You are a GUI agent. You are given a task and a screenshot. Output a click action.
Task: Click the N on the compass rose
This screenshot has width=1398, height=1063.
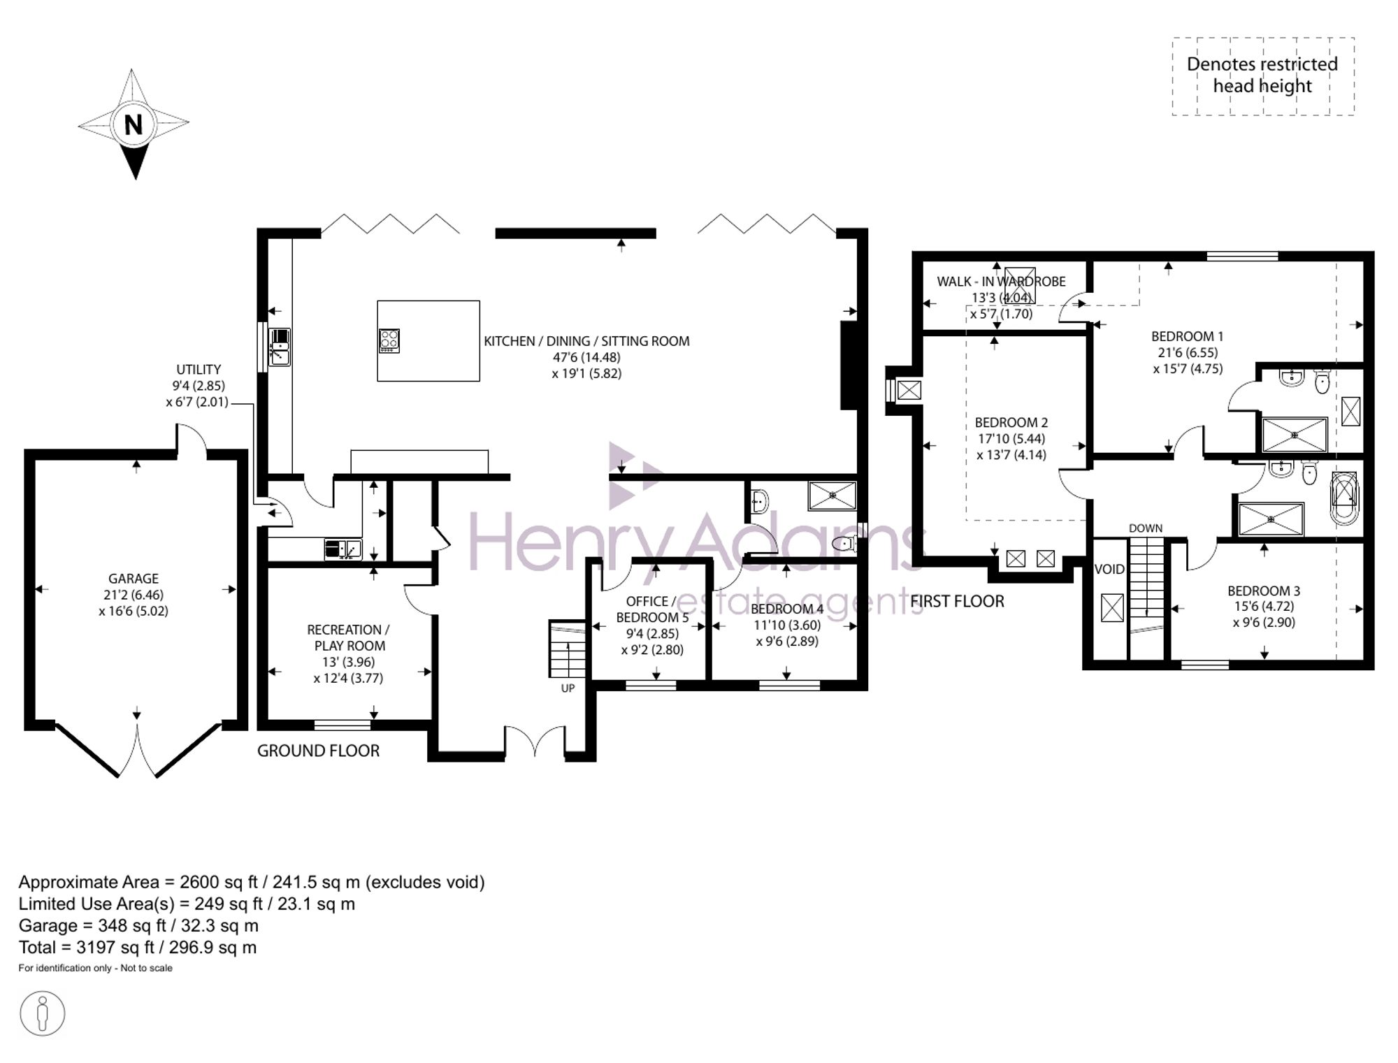coord(134,125)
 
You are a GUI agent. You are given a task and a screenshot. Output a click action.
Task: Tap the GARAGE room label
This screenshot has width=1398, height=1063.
coord(134,579)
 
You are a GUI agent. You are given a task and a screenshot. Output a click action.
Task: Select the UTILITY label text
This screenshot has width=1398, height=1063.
coord(199,370)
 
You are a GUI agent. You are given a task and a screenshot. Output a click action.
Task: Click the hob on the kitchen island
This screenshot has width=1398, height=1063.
coord(389,340)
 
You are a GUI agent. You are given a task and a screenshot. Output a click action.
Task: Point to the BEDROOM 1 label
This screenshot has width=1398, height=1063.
coord(1188,336)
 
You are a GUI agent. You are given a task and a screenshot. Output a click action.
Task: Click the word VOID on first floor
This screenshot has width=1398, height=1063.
coord(1109,570)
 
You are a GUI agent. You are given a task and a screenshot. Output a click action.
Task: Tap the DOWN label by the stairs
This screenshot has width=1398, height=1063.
coord(1146,528)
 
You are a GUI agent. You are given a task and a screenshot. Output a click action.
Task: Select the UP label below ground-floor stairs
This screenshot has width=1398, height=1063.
coord(568,688)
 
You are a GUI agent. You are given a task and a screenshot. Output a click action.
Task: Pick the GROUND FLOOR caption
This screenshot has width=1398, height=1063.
coord(318,751)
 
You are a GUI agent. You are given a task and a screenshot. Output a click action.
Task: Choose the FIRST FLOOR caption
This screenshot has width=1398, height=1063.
coord(957,601)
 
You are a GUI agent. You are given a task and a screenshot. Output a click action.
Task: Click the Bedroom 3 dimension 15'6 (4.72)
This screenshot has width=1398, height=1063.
coord(1264,607)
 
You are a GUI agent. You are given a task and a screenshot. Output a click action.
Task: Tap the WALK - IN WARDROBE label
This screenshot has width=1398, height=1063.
coord(1001,282)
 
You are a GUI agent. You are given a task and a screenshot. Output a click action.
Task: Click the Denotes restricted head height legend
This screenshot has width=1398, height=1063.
coord(1262,75)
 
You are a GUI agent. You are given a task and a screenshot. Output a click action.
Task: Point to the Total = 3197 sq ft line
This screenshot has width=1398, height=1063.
coord(138,948)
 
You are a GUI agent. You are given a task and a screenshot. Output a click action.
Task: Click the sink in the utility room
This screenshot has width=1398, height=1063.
coord(343,549)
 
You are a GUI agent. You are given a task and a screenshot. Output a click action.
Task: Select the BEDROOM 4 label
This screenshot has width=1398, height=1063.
coord(787,609)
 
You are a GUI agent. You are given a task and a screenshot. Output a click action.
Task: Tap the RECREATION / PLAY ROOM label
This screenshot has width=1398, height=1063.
coord(349,637)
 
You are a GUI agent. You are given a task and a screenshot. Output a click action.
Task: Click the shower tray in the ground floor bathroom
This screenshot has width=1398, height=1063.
coord(833,496)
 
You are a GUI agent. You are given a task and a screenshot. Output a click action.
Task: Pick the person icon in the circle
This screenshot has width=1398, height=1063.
coord(43,1013)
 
